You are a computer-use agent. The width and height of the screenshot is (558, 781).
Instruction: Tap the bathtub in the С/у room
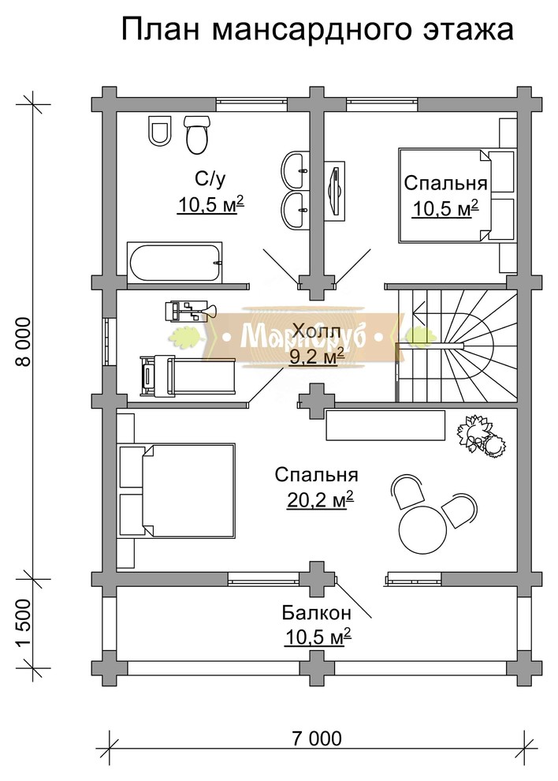pyautogui.click(x=174, y=263)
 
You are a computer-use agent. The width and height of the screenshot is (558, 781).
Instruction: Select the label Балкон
pyautogui.click(x=317, y=612)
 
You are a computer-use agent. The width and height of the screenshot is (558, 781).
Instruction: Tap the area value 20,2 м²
pyautogui.click(x=320, y=499)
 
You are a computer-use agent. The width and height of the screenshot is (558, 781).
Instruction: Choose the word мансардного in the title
pyautogui.click(x=313, y=31)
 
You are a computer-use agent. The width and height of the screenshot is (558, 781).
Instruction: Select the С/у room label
pyautogui.click(x=210, y=179)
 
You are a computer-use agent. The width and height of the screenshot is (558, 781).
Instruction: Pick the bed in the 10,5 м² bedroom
pyautogui.click(x=456, y=196)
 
